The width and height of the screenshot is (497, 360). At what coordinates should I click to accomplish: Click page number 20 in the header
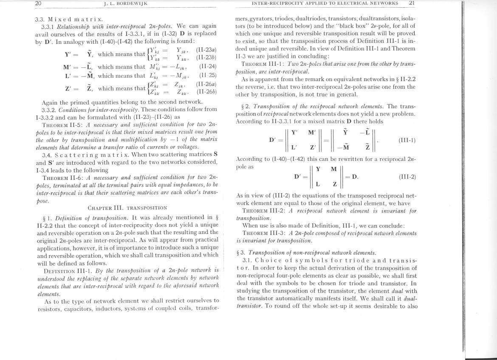click(x=38, y=3)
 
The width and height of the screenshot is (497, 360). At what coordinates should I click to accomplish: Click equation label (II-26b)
click(x=206, y=92)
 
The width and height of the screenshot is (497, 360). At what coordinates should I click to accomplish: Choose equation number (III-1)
click(x=407, y=141)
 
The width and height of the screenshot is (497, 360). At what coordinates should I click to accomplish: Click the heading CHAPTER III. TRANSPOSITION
click(x=127, y=208)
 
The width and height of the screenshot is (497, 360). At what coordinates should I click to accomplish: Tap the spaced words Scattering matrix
click(x=95, y=155)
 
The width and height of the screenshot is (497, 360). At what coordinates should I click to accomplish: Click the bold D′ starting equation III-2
click(x=299, y=177)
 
